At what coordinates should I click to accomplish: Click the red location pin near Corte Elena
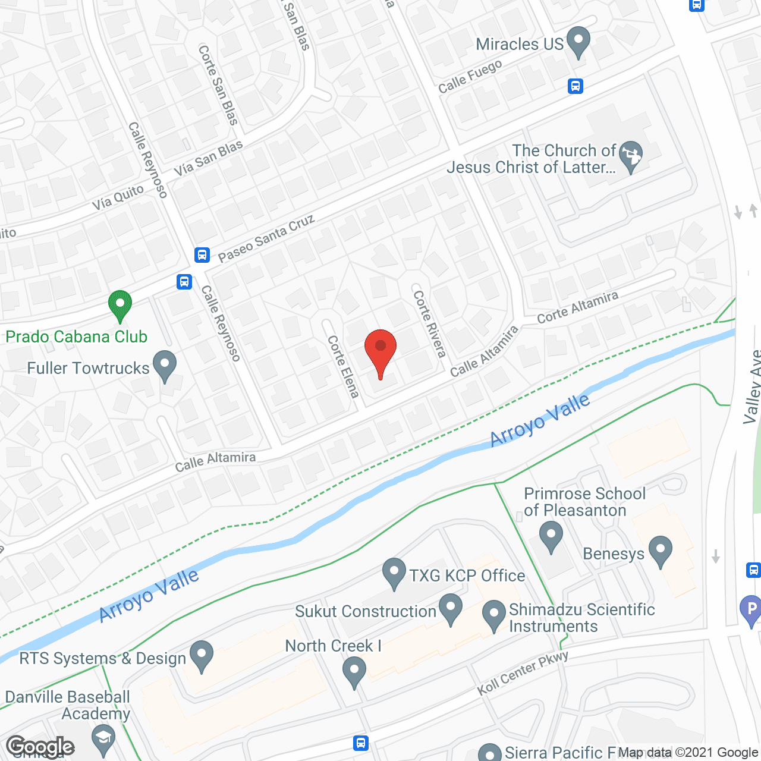click(380, 348)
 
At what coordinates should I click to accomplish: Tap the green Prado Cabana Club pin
click(120, 304)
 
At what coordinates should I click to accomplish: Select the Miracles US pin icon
click(578, 41)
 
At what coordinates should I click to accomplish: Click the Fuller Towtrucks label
click(88, 368)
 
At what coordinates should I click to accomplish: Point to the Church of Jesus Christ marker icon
click(631, 155)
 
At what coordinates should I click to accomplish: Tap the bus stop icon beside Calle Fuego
click(575, 86)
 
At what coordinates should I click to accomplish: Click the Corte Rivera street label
click(429, 323)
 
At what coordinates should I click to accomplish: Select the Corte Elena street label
click(344, 366)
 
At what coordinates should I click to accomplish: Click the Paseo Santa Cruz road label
click(266, 239)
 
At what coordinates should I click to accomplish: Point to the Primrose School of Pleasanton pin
click(551, 535)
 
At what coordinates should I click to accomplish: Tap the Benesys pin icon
click(661, 550)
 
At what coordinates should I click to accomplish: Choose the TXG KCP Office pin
click(394, 572)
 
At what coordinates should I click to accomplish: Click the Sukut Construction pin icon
click(450, 608)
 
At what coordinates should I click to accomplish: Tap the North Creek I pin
click(354, 670)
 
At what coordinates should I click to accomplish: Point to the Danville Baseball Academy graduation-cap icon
click(104, 739)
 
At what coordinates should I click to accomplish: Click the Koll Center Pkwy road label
click(523, 673)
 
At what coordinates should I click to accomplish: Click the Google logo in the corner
click(40, 747)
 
